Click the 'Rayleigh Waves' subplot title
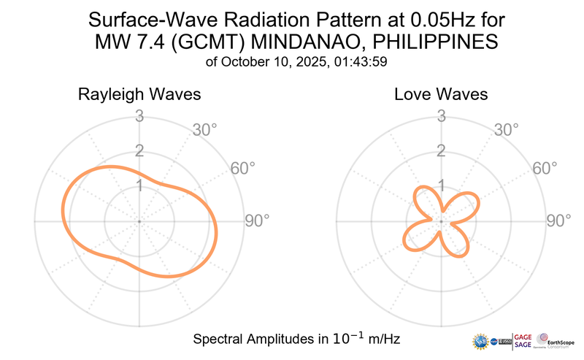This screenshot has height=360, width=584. [x=139, y=95]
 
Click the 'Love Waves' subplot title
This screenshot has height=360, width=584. [x=441, y=95]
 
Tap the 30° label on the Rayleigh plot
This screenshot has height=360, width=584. [x=205, y=130]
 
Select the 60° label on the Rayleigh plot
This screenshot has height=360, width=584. [x=243, y=168]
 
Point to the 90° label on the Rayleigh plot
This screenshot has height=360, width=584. [x=257, y=221]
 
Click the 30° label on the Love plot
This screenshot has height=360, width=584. [x=507, y=130]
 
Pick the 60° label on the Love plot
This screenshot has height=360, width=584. [x=545, y=168]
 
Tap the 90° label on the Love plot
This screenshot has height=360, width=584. [x=559, y=221]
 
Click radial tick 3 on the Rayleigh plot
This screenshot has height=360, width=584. [x=139, y=115]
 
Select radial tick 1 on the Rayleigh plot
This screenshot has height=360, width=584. [x=139, y=185]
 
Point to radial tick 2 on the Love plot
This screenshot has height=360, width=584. [x=441, y=151]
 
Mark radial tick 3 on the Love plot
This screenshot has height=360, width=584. [x=441, y=115]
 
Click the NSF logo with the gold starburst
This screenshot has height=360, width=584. [x=480, y=340]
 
